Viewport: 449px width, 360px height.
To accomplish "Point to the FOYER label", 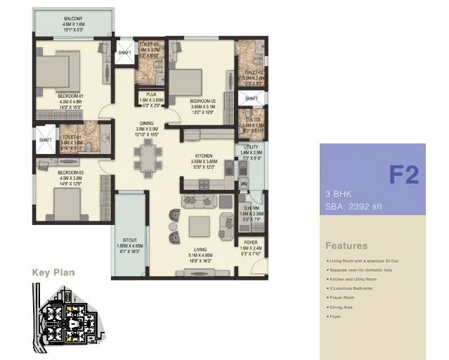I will (x=250, y=243).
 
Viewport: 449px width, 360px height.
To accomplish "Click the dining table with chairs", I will (x=148, y=158).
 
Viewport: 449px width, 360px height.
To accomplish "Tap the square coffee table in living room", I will (x=199, y=226).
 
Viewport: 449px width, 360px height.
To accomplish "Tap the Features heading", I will (x=346, y=246).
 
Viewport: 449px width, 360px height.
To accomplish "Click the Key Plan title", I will (x=53, y=272).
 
